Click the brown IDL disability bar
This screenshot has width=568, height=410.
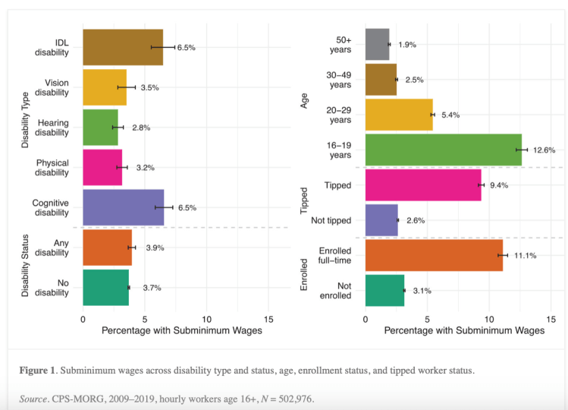pyautogui.click(x=123, y=47)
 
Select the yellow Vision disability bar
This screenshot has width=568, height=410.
pyautogui.click(x=105, y=87)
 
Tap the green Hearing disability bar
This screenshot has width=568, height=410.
pyautogui.click(x=100, y=128)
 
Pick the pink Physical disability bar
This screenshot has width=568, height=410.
pyautogui.click(x=102, y=167)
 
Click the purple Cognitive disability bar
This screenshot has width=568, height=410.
pyautogui.click(x=123, y=207)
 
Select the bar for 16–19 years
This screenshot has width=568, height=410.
pyautogui.click(x=444, y=150)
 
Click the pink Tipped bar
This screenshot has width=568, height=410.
pyautogui.click(x=423, y=184)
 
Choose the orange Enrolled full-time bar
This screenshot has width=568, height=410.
pyautogui.click(x=434, y=255)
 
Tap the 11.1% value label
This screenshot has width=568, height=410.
pyautogui.click(x=525, y=256)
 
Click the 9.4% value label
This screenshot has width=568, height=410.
pyautogui.click(x=499, y=185)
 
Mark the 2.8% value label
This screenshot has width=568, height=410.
pyautogui.click(x=141, y=128)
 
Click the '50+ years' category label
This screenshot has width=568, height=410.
pyautogui.click(x=340, y=44)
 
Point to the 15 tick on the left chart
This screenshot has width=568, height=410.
pyautogui.click(x=268, y=320)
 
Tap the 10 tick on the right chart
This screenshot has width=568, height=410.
pyautogui.click(x=489, y=320)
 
